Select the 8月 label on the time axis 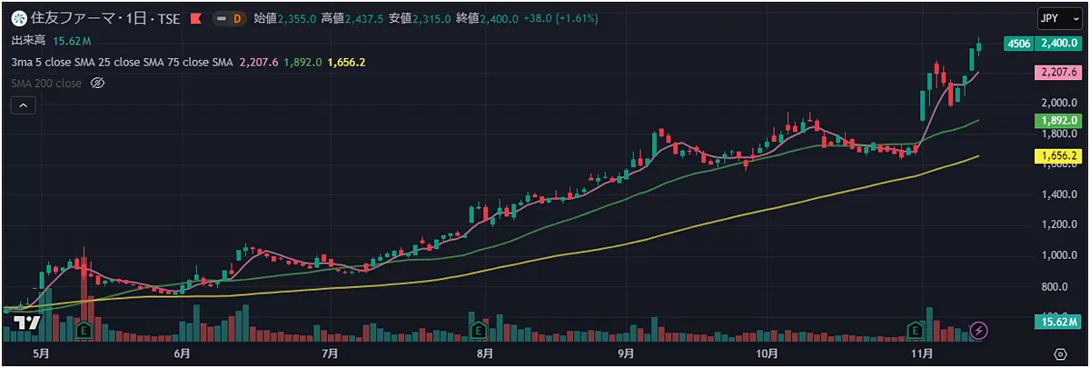click(484, 353)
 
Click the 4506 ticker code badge click(1019, 43)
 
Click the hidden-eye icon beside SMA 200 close click(99, 83)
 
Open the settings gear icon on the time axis click(1060, 353)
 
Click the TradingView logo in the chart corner click(26, 324)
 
